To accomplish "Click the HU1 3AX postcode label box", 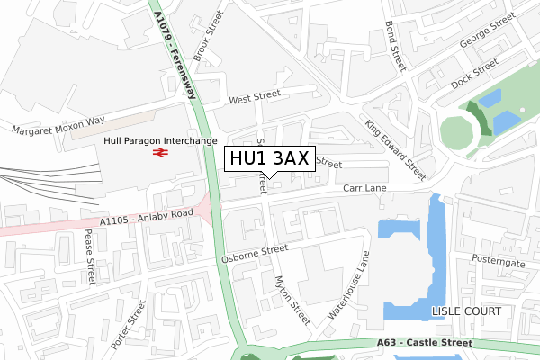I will (x=268, y=158).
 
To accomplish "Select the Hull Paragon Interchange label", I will (x=161, y=141).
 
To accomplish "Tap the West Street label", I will (x=255, y=99).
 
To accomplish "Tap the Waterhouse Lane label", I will (x=349, y=284).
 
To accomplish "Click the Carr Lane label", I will (x=364, y=188).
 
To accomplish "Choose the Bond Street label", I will (x=396, y=46).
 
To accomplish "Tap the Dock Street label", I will (x=474, y=75).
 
